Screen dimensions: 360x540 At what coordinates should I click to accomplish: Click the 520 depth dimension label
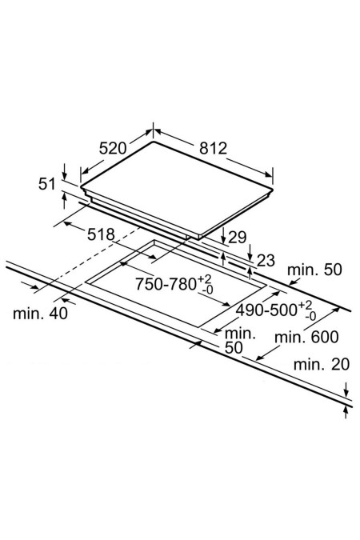coord(113,148)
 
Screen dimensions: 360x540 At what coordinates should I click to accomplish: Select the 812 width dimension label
coord(214,148)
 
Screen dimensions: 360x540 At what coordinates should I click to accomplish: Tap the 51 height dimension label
coord(47,184)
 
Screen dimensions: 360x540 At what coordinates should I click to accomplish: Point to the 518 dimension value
coord(101,234)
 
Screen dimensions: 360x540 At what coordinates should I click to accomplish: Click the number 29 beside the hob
coord(238,238)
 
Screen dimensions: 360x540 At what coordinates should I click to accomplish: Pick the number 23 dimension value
coord(266,261)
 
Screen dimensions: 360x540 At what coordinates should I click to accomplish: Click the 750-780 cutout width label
coord(166,284)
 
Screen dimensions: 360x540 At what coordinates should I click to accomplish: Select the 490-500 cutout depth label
coord(266,310)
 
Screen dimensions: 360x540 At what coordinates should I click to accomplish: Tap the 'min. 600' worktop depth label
coord(306,337)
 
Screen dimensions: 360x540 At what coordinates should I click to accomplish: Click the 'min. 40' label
coord(40,314)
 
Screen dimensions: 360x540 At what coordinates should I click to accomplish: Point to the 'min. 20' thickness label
coord(322,364)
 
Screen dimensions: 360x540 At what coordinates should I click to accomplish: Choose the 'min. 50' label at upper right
coord(314,270)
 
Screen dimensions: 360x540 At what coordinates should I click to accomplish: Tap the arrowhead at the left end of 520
coord(85,171)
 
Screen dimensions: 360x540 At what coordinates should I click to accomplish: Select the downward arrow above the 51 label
coord(65,171)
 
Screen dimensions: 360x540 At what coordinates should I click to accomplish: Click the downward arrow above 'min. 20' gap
coord(346,390)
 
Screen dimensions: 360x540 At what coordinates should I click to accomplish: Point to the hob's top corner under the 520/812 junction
coord(153,142)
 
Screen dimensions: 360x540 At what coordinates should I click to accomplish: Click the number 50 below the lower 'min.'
coord(234,348)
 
